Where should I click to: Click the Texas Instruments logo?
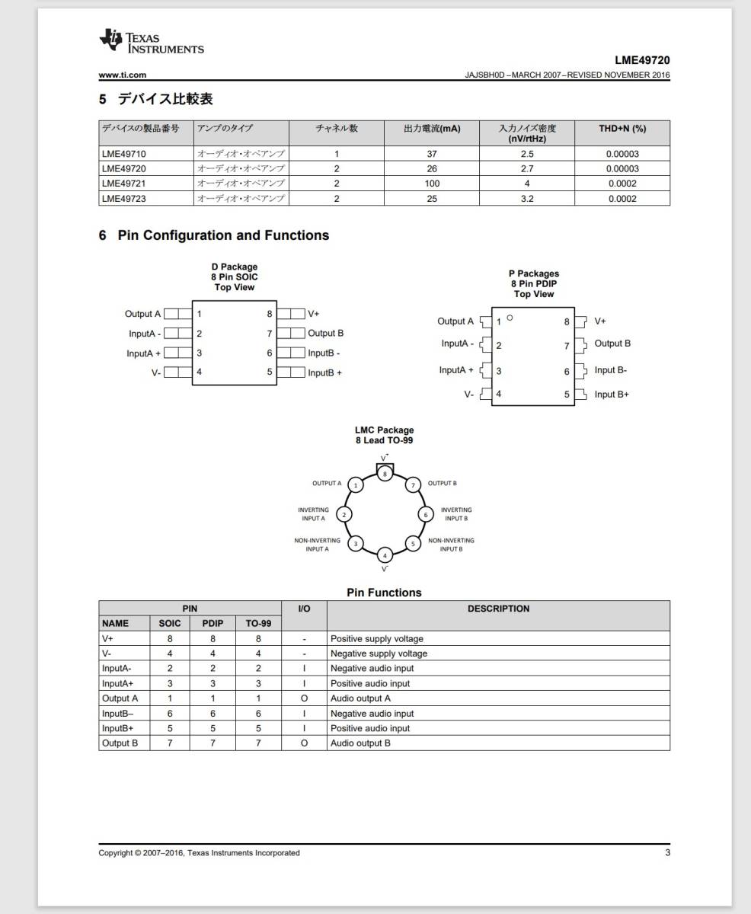tap(151, 43)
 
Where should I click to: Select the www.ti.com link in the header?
tap(123, 75)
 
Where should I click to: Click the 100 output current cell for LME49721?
tap(432, 184)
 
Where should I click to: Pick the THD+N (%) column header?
tap(622, 129)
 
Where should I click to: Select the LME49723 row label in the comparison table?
tap(124, 199)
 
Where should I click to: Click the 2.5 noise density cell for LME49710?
tap(526, 154)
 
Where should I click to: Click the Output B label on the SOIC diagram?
tap(325, 333)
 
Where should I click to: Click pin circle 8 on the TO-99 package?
tap(385, 473)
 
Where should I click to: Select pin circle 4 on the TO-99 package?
tap(385, 555)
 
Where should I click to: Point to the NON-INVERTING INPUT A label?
tap(317, 545)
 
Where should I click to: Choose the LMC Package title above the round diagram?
tap(384, 430)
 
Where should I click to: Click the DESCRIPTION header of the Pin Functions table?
tap(498, 609)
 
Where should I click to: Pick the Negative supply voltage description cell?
tap(379, 654)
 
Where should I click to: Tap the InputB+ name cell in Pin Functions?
tap(119, 728)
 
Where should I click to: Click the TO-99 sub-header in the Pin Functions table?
tap(258, 623)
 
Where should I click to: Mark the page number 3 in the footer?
tap(667, 852)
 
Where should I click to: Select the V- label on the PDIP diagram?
tap(469, 395)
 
